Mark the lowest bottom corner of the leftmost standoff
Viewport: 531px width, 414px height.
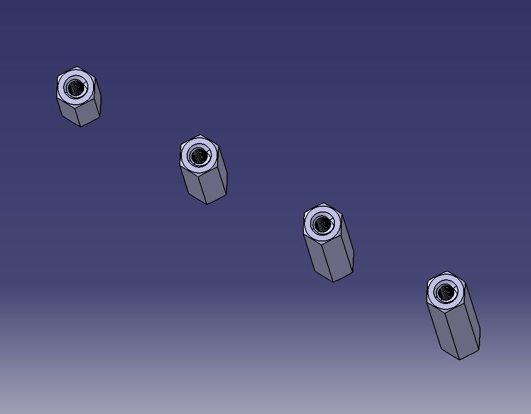80,126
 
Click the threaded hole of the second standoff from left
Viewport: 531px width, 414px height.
199,156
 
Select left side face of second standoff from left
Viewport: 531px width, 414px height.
192,184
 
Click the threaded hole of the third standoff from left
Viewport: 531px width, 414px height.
322,225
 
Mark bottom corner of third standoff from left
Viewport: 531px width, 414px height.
333,281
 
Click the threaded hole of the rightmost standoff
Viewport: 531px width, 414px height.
446,292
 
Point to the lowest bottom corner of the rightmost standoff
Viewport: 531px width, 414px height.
459,359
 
